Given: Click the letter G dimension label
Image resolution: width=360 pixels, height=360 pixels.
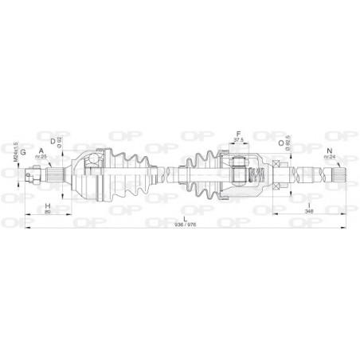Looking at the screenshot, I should pyautogui.click(x=24, y=151).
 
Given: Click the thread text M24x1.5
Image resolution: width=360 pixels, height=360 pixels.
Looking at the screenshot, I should pyautogui.click(x=15, y=149).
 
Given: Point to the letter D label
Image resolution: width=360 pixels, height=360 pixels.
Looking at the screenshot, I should pyautogui.click(x=53, y=142).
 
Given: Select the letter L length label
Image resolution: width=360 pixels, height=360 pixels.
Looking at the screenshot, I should pyautogui.click(x=184, y=218).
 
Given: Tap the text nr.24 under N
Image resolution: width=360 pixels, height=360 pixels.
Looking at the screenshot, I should pyautogui.click(x=329, y=158).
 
